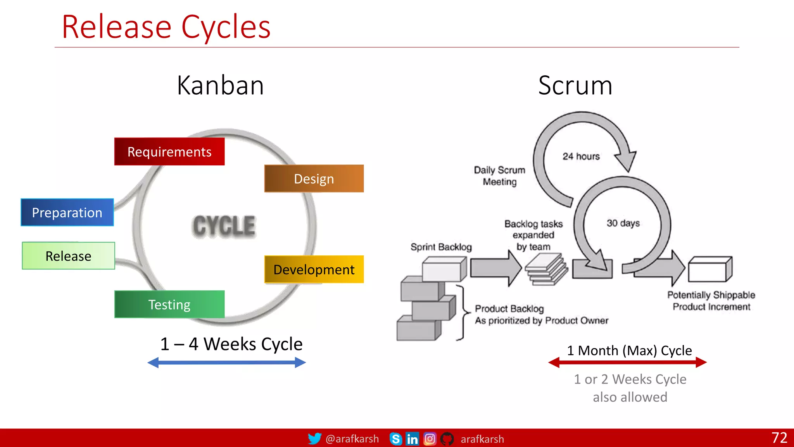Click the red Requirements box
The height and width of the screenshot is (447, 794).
169,152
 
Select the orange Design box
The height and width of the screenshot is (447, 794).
314,178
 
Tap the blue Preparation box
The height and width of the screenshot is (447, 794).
67,212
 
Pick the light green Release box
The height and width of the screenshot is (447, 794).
68,256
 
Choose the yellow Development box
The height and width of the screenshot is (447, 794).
314,269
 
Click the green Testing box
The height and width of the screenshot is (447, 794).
169,304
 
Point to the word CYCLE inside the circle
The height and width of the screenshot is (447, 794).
224,226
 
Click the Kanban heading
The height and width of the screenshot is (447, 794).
220,85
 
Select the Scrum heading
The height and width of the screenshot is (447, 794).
575,85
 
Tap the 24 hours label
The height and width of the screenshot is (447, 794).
581,156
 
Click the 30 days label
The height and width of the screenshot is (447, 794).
623,223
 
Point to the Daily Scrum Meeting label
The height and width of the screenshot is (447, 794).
499,176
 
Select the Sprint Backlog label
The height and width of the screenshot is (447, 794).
441,247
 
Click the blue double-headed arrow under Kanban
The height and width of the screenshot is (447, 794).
227,363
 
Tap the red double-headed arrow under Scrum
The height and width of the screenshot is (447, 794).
627,362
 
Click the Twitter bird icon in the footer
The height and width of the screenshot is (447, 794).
314,438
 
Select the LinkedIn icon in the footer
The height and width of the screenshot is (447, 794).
412,439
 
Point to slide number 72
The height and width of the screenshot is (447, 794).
779,438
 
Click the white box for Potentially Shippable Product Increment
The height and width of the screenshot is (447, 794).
709,269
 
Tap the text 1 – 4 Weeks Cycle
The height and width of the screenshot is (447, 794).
231,344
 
